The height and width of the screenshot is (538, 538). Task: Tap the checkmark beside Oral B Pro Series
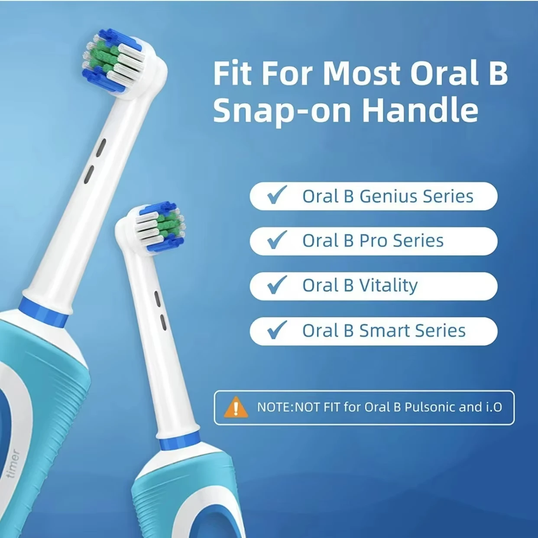pyautogui.click(x=277, y=240)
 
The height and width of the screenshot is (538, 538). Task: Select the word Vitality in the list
pyautogui.click(x=388, y=285)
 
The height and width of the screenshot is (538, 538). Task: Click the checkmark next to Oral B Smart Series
pyautogui.click(x=277, y=330)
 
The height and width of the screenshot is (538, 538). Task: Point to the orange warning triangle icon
pyautogui.click(x=236, y=408)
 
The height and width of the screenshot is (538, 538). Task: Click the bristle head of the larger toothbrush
pyautogui.click(x=113, y=61)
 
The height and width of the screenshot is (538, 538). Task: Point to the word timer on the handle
pyautogui.click(x=13, y=464)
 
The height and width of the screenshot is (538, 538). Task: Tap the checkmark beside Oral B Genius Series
pyautogui.click(x=277, y=195)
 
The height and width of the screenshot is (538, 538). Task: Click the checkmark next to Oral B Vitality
pyautogui.click(x=277, y=285)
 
